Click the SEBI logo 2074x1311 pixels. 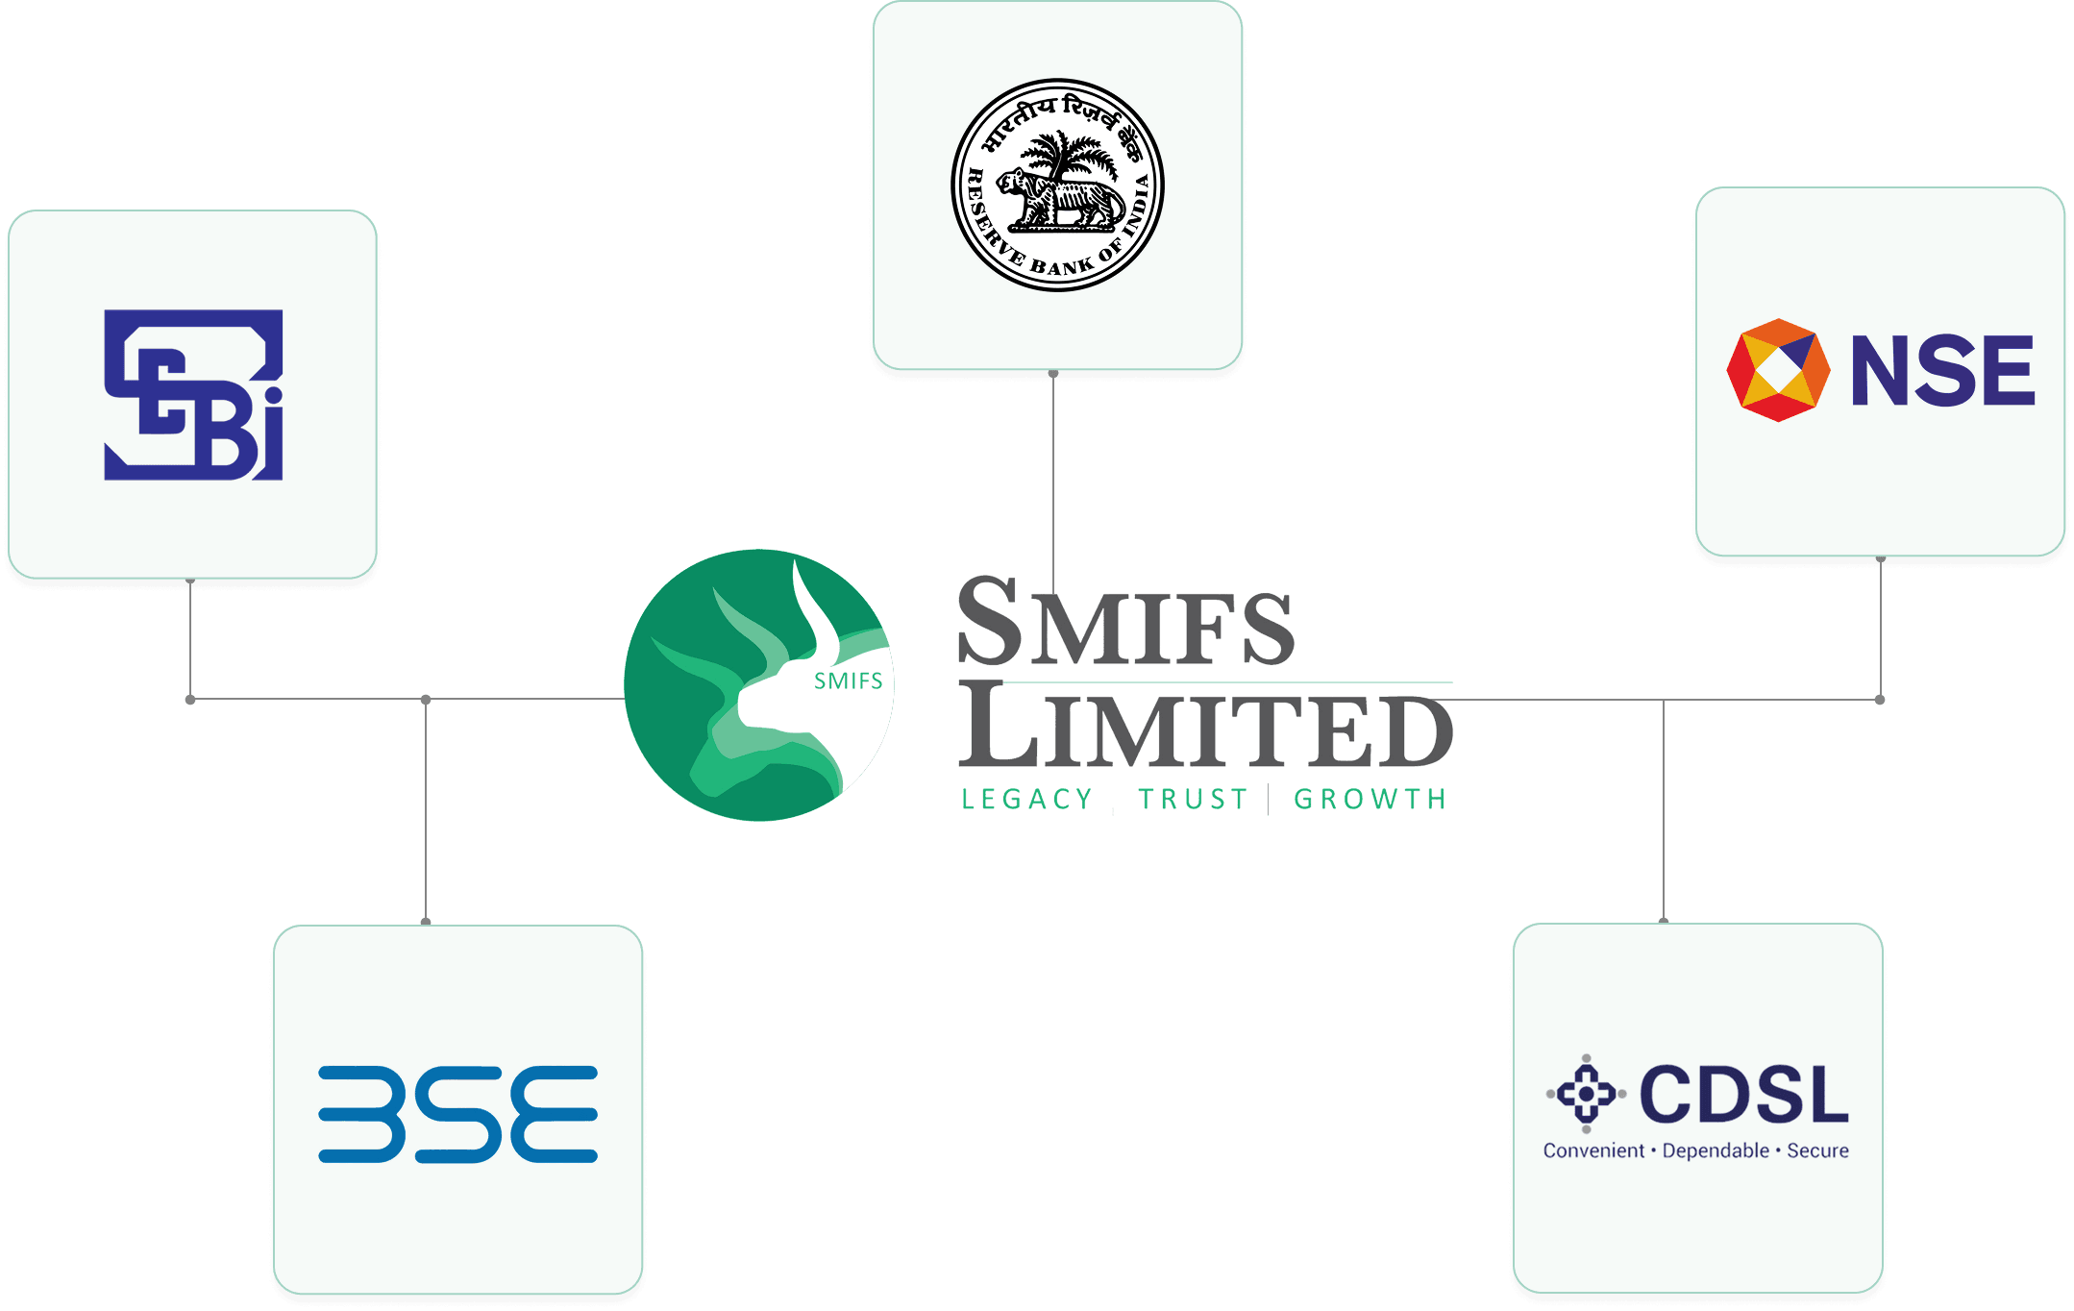coord(193,394)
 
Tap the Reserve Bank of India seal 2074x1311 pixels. coord(1057,185)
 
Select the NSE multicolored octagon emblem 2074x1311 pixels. coord(1778,370)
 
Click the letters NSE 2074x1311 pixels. coord(1942,371)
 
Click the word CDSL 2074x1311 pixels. coord(1743,1095)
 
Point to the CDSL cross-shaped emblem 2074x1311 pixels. coord(1586,1094)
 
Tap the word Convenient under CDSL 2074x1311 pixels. coord(1593,1150)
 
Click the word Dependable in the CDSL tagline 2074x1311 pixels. coord(1716,1150)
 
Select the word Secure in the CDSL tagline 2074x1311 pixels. coord(1817,1150)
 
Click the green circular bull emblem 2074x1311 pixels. coord(758,685)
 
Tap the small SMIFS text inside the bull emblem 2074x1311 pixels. coord(848,681)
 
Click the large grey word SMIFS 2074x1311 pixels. coord(1125,623)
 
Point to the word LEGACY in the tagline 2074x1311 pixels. coord(1026,800)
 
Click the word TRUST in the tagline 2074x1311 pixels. coord(1193,800)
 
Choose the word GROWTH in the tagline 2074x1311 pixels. coord(1370,800)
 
